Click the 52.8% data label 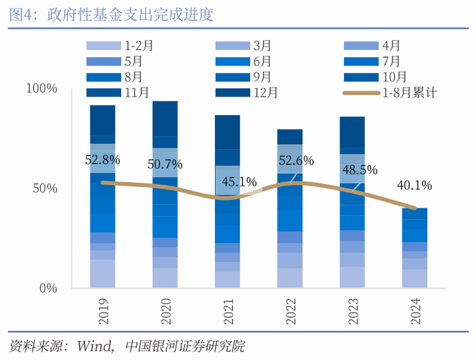(x=103, y=161)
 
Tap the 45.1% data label (x=239, y=182)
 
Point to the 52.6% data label (x=296, y=161)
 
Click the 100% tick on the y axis (x=41, y=89)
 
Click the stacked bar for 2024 (x=415, y=248)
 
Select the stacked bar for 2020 (x=165, y=197)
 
